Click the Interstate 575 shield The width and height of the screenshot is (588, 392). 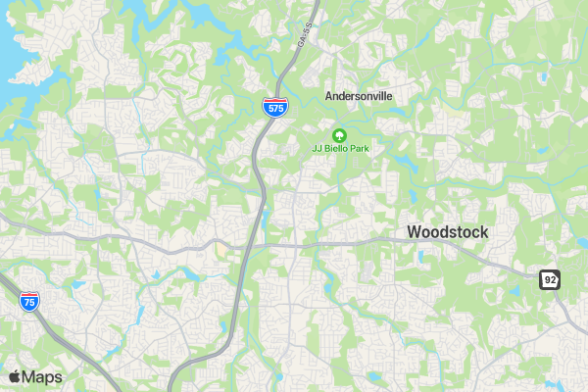[274, 107]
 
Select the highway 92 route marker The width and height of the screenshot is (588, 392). [550, 280]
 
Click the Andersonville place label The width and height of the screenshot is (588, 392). [359, 96]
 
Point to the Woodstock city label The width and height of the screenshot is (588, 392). [447, 232]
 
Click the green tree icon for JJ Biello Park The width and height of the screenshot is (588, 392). [339, 134]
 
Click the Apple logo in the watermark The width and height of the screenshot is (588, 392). [15, 376]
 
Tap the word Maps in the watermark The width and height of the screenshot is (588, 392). [43, 376]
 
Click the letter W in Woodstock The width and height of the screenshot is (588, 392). [414, 232]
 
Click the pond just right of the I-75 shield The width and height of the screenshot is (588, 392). [76, 285]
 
